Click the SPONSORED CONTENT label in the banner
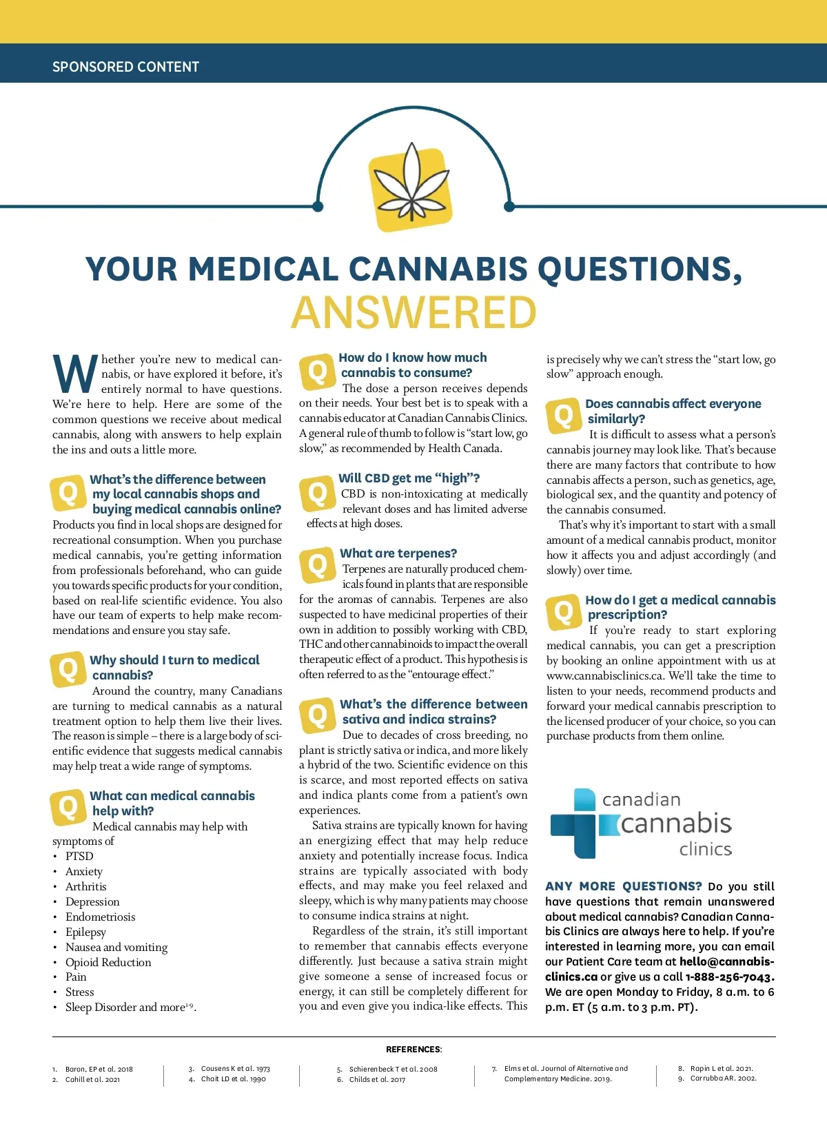pyautogui.click(x=125, y=67)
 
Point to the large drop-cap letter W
pyautogui.click(x=74, y=375)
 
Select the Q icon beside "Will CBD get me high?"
pyautogui.click(x=317, y=493)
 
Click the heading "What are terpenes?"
pyautogui.click(x=398, y=553)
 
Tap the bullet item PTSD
pyautogui.click(x=79, y=856)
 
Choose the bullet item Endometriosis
pyautogui.click(x=100, y=917)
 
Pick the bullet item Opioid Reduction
pyautogui.click(x=108, y=962)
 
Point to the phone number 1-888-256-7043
pyautogui.click(x=730, y=977)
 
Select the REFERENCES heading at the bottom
pyautogui.click(x=413, y=1050)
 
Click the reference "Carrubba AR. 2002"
pyautogui.click(x=723, y=1079)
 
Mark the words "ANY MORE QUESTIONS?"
pyautogui.click(x=623, y=886)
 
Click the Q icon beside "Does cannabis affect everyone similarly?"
pyautogui.click(x=564, y=415)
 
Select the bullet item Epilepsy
pyautogui.click(x=85, y=932)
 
